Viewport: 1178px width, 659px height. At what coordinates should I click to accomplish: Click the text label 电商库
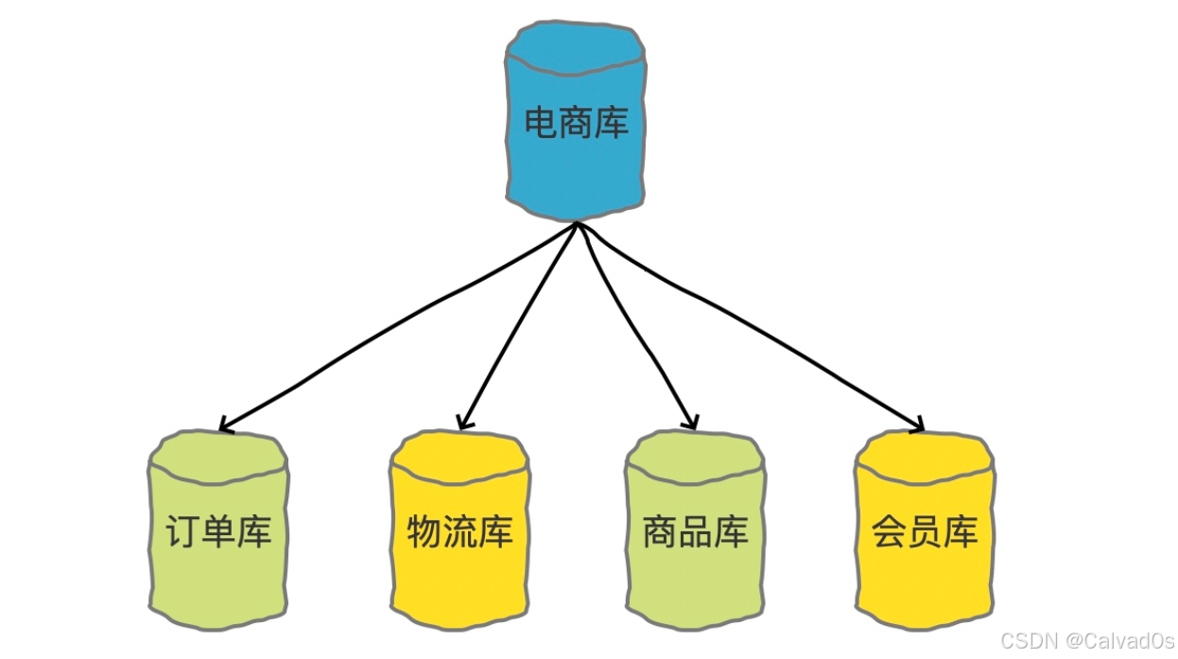[576, 123]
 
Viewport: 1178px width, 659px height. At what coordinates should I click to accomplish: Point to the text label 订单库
[218, 532]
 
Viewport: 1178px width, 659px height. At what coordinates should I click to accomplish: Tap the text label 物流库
[460, 532]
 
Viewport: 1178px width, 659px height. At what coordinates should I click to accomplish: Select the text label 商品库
[695, 532]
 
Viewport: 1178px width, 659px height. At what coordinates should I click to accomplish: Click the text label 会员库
[924, 532]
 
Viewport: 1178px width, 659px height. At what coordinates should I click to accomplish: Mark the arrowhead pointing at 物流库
[463, 423]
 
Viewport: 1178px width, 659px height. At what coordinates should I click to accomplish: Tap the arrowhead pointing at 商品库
[692, 424]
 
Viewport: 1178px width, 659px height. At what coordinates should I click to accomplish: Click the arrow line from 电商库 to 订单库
[397, 321]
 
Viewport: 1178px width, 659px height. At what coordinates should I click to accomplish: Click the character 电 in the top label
[541, 123]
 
